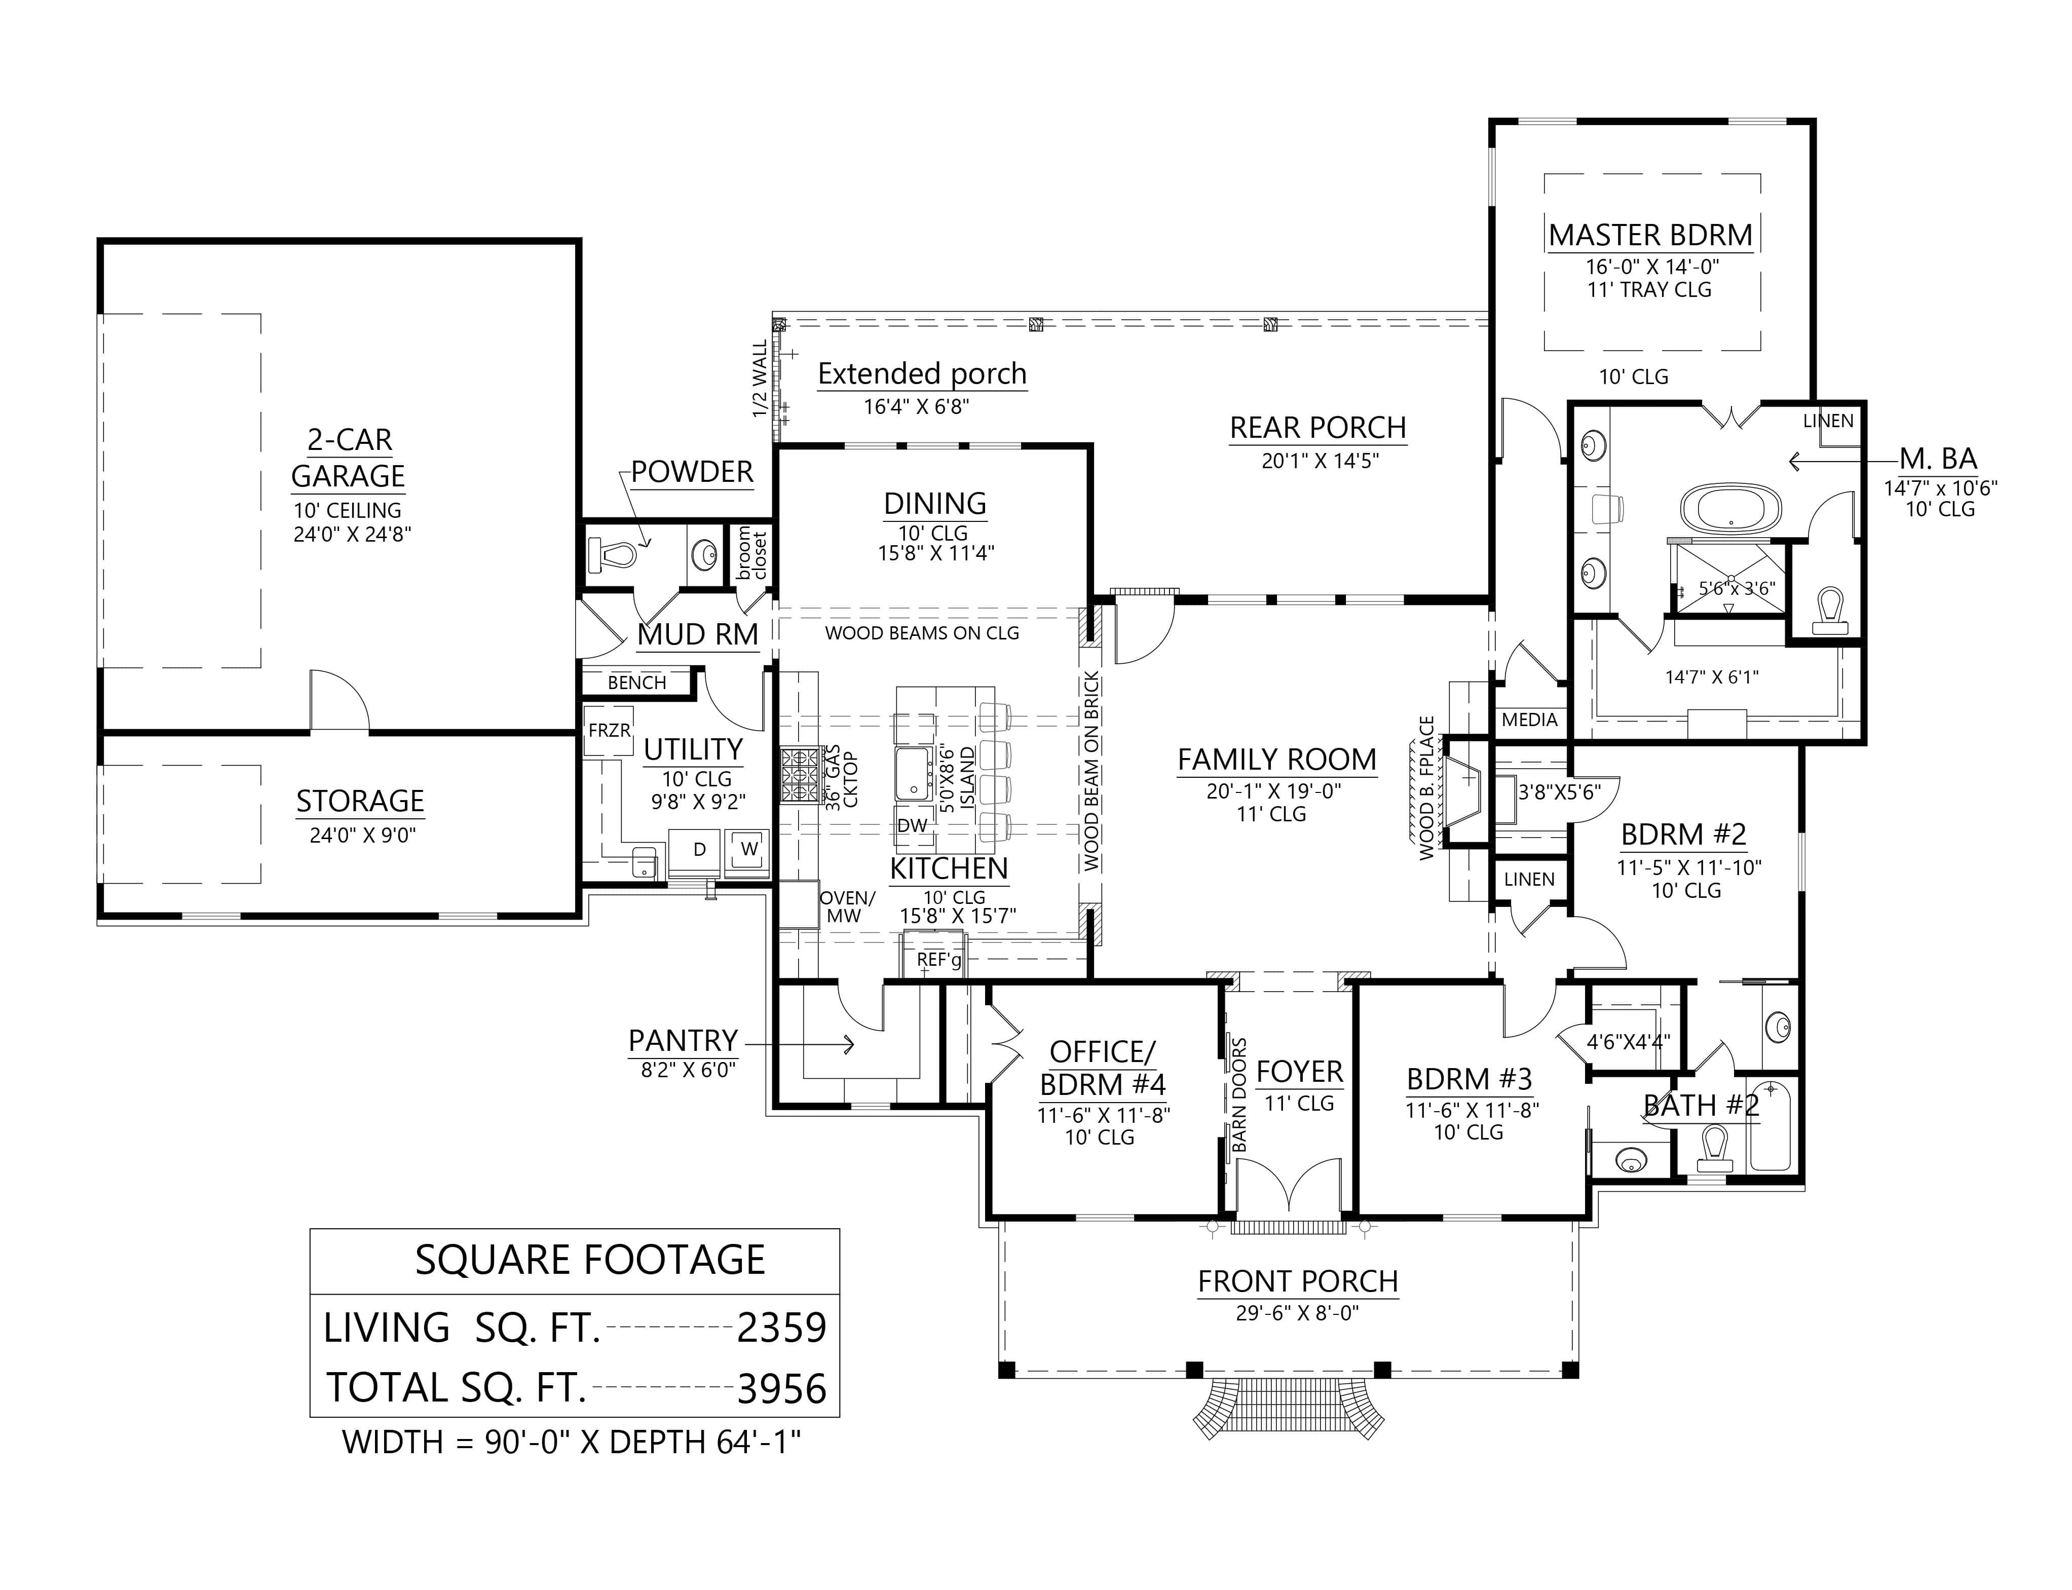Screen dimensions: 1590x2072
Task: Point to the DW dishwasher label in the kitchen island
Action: pyautogui.click(x=912, y=825)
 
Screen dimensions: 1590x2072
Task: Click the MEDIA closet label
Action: pyautogui.click(x=1529, y=720)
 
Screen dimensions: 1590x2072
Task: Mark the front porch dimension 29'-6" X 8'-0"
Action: pyautogui.click(x=1297, y=1313)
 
